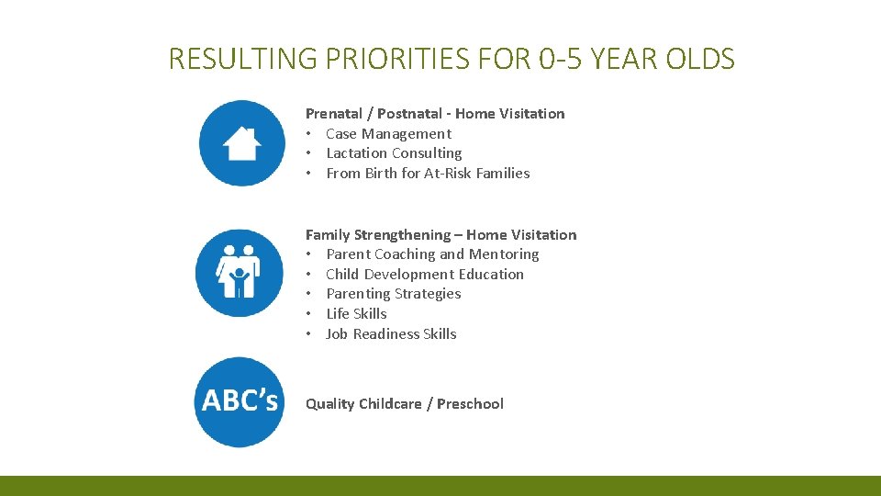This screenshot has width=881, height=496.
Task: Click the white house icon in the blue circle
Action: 241,143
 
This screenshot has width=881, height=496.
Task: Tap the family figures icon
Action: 239,272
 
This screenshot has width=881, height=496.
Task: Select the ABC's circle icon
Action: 240,401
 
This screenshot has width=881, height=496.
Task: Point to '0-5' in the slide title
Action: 560,60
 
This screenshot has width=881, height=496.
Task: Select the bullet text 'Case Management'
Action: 388,134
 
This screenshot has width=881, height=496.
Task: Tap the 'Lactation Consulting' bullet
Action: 394,153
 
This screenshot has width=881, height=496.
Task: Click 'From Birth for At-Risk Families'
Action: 428,174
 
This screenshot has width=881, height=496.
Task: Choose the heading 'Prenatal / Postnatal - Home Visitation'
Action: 435,114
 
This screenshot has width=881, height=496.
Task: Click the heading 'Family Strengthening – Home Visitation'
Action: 440,235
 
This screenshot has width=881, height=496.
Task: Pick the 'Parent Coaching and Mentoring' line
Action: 432,254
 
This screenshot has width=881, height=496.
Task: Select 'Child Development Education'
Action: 425,275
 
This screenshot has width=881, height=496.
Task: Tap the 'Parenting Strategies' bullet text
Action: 393,294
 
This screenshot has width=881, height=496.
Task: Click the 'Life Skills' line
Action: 356,314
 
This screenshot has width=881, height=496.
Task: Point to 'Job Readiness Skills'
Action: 391,334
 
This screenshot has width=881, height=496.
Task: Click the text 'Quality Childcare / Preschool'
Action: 404,404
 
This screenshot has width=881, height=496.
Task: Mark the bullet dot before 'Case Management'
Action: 310,134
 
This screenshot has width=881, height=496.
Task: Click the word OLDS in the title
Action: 702,60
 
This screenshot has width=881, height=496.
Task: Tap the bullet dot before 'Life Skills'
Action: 310,314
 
